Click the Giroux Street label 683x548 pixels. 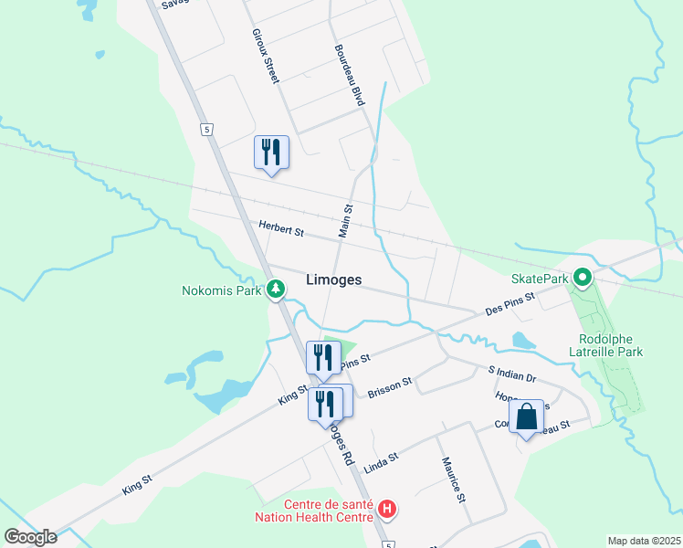pyautogui.click(x=265, y=57)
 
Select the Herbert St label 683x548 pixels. pyautogui.click(x=280, y=229)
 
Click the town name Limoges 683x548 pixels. pyautogui.click(x=334, y=280)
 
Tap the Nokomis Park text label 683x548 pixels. pyautogui.click(x=223, y=291)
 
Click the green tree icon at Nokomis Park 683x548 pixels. pyautogui.click(x=275, y=290)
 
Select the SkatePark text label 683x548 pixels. pyautogui.click(x=540, y=279)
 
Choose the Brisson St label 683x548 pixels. pyautogui.click(x=390, y=386)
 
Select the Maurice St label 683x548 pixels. pyautogui.click(x=454, y=480)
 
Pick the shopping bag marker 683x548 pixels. pyautogui.click(x=528, y=418)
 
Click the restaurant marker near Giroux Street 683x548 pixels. pyautogui.click(x=270, y=152)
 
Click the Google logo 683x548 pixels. pyautogui.click(x=31, y=537)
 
